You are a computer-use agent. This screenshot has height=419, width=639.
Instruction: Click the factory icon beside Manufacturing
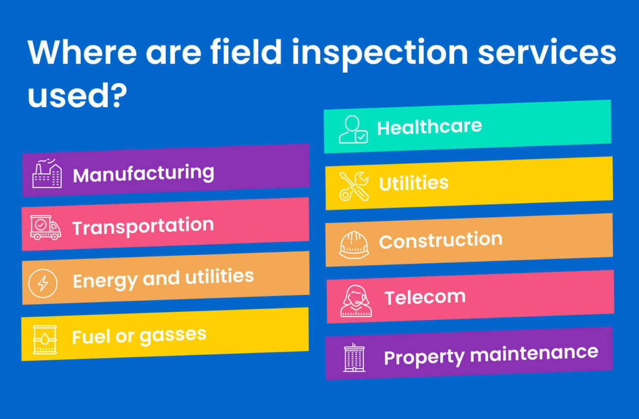pos(47,173)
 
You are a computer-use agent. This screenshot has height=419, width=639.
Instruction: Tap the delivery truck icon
pos(45,228)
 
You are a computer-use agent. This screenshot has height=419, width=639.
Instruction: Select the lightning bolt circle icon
pos(43,283)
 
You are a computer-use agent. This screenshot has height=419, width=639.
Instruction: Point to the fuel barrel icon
pos(44,340)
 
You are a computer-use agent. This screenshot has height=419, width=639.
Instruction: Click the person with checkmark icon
pos(353,130)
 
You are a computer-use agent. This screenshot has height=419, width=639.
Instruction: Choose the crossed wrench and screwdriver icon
pos(354,186)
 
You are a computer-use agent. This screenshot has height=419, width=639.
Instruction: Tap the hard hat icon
pos(354,244)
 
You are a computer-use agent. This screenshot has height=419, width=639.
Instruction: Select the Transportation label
pos(143,227)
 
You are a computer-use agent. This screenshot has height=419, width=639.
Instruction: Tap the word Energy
pos(105,280)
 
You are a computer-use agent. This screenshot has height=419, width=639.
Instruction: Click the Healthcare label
pos(429,127)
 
